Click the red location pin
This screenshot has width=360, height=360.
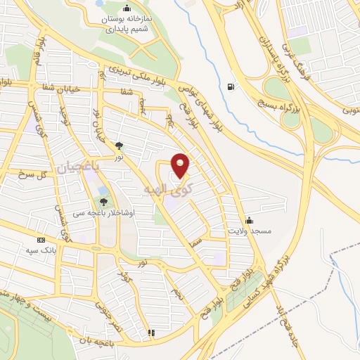181,165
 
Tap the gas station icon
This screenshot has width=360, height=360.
231,87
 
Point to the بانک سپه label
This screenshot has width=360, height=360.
41,250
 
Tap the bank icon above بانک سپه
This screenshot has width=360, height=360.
41,240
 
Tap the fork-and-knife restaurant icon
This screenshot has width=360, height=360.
150,333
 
